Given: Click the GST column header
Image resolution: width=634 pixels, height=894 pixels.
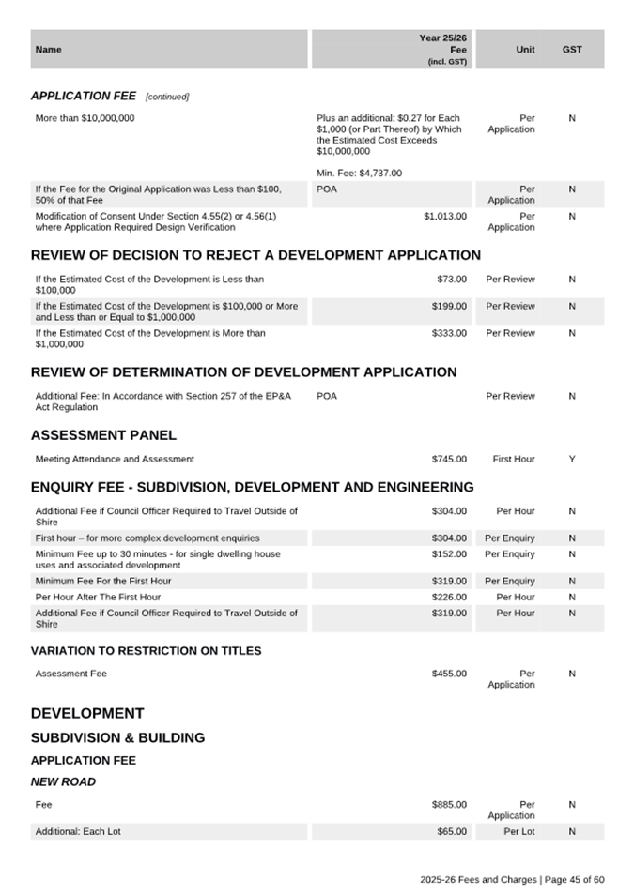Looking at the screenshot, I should point(572,50).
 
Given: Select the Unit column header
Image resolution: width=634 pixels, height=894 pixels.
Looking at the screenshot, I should point(525,50).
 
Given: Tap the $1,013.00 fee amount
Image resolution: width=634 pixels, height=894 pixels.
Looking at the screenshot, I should point(444,216).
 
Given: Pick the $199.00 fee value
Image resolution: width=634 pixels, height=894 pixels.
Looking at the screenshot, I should point(449,306).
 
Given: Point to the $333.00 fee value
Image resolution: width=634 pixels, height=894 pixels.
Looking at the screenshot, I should point(449,333).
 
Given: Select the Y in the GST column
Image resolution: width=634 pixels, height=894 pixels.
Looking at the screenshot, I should point(572,460).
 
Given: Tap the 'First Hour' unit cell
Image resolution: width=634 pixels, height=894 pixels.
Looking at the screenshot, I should point(514,460).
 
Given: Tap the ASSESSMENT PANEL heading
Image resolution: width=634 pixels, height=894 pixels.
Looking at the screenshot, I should point(103,435).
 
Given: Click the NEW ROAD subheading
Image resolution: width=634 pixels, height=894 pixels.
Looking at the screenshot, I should point(63,781).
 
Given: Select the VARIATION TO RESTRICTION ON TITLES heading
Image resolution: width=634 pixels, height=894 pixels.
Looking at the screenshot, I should point(146,651).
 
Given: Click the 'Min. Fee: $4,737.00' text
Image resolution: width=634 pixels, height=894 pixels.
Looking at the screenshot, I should point(359,174).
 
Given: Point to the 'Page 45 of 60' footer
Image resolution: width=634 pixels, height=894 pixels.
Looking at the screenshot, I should point(574,880).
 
